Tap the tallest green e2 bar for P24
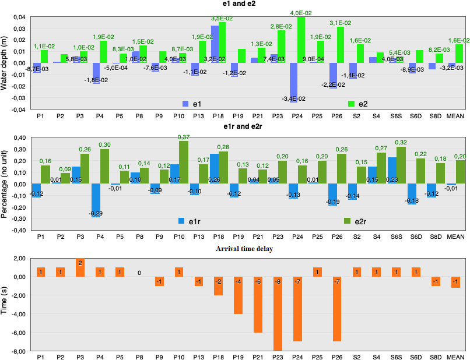tap(301, 40)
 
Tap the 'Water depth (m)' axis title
tap(5, 62)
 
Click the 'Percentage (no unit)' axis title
tap(5, 184)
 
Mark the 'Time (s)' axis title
tap(5, 304)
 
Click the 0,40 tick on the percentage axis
tap(19, 138)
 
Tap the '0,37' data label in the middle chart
tap(184, 136)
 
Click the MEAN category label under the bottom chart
tap(455, 357)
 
